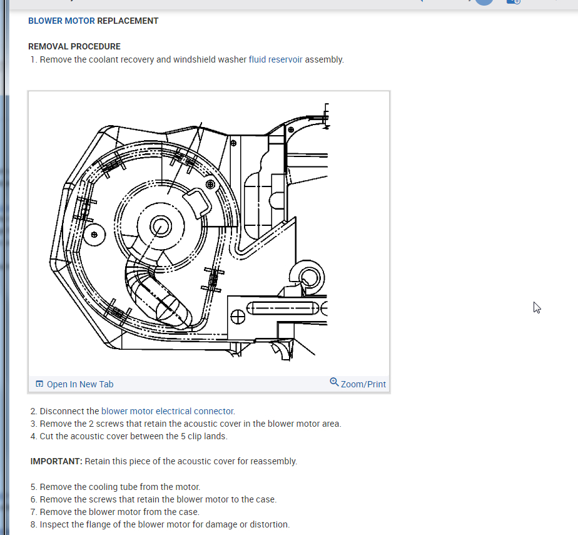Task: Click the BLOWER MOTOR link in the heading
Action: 61,21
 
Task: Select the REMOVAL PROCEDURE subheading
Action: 74,46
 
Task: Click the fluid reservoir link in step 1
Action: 275,59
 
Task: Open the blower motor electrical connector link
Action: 168,411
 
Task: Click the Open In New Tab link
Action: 80,384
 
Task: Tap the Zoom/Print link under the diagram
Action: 363,384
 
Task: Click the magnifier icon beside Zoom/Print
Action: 334,382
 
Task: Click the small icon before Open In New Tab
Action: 39,384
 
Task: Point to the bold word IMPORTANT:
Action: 56,461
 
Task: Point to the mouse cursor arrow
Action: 536,307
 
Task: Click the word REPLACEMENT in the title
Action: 128,21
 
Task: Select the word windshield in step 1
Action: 195,59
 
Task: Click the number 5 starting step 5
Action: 33,487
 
